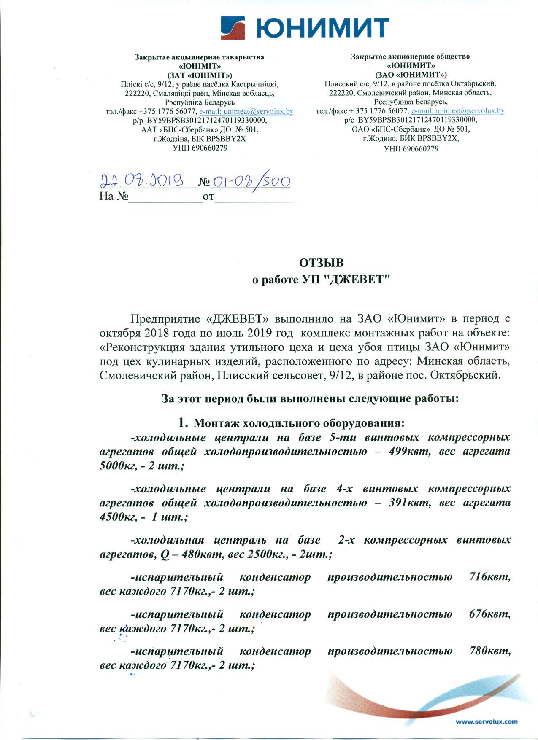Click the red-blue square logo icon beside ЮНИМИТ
click(x=233, y=28)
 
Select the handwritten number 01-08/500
click(x=251, y=182)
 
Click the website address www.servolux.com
click(x=487, y=721)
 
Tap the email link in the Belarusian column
click(x=246, y=111)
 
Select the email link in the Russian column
click(x=458, y=111)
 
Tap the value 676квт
click(x=490, y=614)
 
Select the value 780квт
click(x=490, y=651)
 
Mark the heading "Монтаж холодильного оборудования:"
click(x=299, y=423)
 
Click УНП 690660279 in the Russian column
click(x=411, y=149)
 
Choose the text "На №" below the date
click(x=114, y=196)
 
